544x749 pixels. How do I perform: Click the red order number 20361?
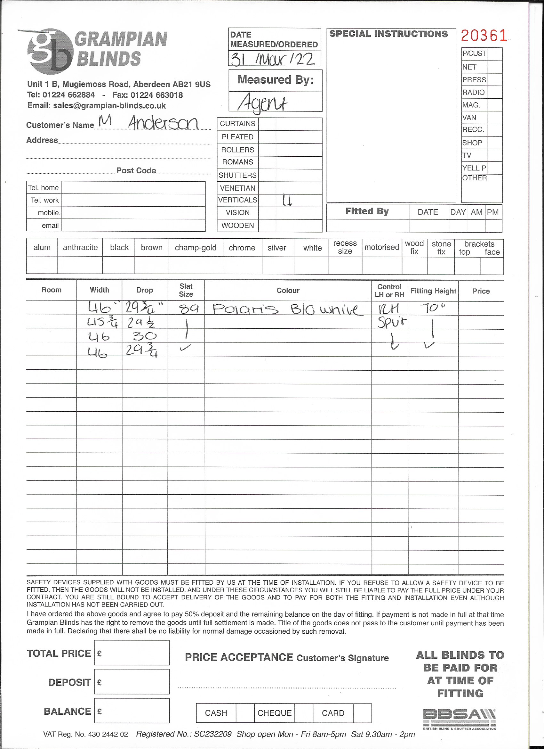(484, 36)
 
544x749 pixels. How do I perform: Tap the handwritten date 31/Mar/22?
(273, 60)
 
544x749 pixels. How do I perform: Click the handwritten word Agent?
(263, 103)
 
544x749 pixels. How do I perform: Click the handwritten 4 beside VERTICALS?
(287, 201)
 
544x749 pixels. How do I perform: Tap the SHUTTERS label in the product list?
(237, 175)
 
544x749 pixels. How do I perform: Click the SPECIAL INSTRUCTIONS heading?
(388, 34)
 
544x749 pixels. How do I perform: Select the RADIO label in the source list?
(473, 93)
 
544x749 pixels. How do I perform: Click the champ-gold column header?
(196, 248)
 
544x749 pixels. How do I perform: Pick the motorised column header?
(382, 247)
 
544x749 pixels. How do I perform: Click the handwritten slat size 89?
(189, 309)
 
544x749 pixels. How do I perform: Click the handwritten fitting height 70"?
(433, 308)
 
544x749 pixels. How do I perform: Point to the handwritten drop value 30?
(145, 336)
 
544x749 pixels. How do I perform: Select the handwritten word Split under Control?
(392, 322)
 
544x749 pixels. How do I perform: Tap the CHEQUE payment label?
(275, 713)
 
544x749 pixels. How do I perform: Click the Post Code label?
(136, 171)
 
